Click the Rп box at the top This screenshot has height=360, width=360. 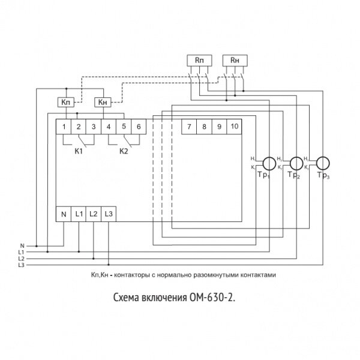[x=199, y=60]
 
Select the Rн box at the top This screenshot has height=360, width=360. [x=233, y=60]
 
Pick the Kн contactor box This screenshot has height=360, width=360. [x=104, y=102]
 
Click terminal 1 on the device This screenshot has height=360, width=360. [x=63, y=126]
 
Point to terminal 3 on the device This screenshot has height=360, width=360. [x=93, y=126]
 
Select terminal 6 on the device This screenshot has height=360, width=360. [x=138, y=126]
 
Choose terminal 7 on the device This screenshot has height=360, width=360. [x=189, y=126]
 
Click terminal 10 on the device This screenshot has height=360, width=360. [x=234, y=126]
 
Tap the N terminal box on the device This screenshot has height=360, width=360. [x=63, y=213]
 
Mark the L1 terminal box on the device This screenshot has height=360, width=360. [x=79, y=213]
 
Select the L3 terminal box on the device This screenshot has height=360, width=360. [x=108, y=213]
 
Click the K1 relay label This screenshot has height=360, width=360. [x=78, y=150]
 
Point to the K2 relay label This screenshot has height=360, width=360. [x=124, y=150]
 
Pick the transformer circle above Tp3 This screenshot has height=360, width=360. [x=323, y=162]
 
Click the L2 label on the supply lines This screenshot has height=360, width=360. [x=22, y=258]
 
